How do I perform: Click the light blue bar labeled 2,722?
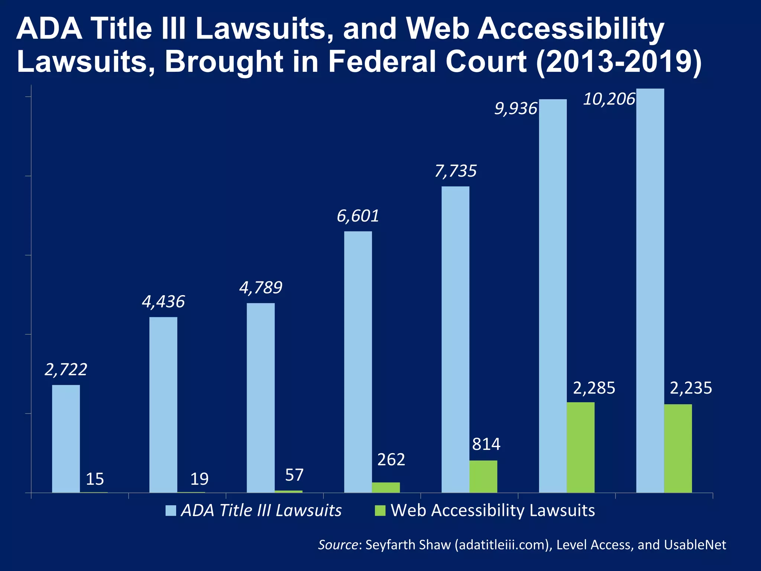(x=66, y=439)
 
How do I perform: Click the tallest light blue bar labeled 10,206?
(x=650, y=290)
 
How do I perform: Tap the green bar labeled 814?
(x=483, y=477)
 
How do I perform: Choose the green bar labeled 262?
(x=386, y=487)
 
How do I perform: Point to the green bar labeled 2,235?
(x=678, y=448)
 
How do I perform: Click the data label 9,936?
(x=516, y=109)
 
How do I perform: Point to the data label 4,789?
(x=260, y=288)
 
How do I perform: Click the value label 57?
(x=294, y=475)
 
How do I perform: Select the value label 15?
(x=95, y=479)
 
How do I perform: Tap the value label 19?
(x=199, y=479)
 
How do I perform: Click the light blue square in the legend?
(x=171, y=511)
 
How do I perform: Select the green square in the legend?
(x=380, y=511)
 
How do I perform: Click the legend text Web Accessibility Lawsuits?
(x=493, y=510)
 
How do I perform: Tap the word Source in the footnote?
(x=338, y=545)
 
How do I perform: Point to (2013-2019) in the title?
(x=619, y=61)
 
